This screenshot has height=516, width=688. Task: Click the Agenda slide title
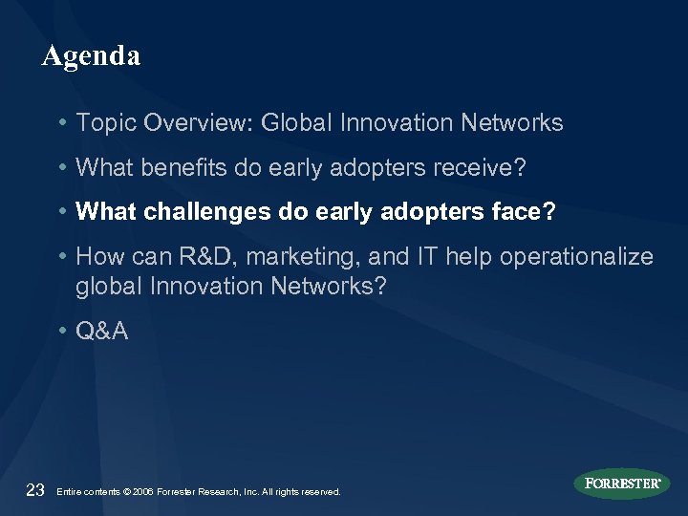[x=92, y=56]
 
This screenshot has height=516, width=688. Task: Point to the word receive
[x=482, y=168]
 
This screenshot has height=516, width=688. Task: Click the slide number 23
[x=36, y=490]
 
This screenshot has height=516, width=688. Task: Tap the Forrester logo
[x=622, y=484]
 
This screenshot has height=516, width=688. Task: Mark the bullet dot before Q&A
[x=61, y=331]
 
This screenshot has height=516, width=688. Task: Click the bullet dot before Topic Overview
[x=61, y=124]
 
